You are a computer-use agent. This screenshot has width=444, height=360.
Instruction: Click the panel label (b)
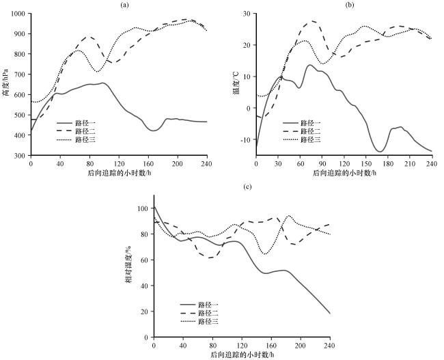coord(350,5)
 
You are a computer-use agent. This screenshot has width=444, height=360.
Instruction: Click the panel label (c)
coord(248,186)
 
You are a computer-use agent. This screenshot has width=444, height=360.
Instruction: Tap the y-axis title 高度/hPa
coord(6,84)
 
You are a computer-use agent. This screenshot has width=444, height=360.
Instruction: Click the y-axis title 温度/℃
coord(236,83)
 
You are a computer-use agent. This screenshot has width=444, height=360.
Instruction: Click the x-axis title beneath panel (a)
coord(119,173)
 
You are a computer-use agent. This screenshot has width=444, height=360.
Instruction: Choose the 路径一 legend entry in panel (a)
coord(76,123)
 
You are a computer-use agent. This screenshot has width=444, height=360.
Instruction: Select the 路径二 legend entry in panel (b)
coord(301,131)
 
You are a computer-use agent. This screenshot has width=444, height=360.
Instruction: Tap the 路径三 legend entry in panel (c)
coord(199,322)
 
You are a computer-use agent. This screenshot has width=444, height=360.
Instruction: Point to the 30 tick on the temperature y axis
coord(248,13)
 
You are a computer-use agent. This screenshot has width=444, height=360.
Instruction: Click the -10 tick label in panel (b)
coord(247,139)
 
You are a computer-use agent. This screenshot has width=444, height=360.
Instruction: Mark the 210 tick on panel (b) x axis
coord(410,164)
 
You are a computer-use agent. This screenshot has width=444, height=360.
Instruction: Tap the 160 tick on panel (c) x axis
coord(271,346)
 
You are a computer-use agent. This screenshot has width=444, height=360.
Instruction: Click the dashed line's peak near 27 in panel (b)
coord(312,20)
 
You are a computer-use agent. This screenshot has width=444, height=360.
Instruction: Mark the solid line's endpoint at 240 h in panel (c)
coord(330,314)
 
